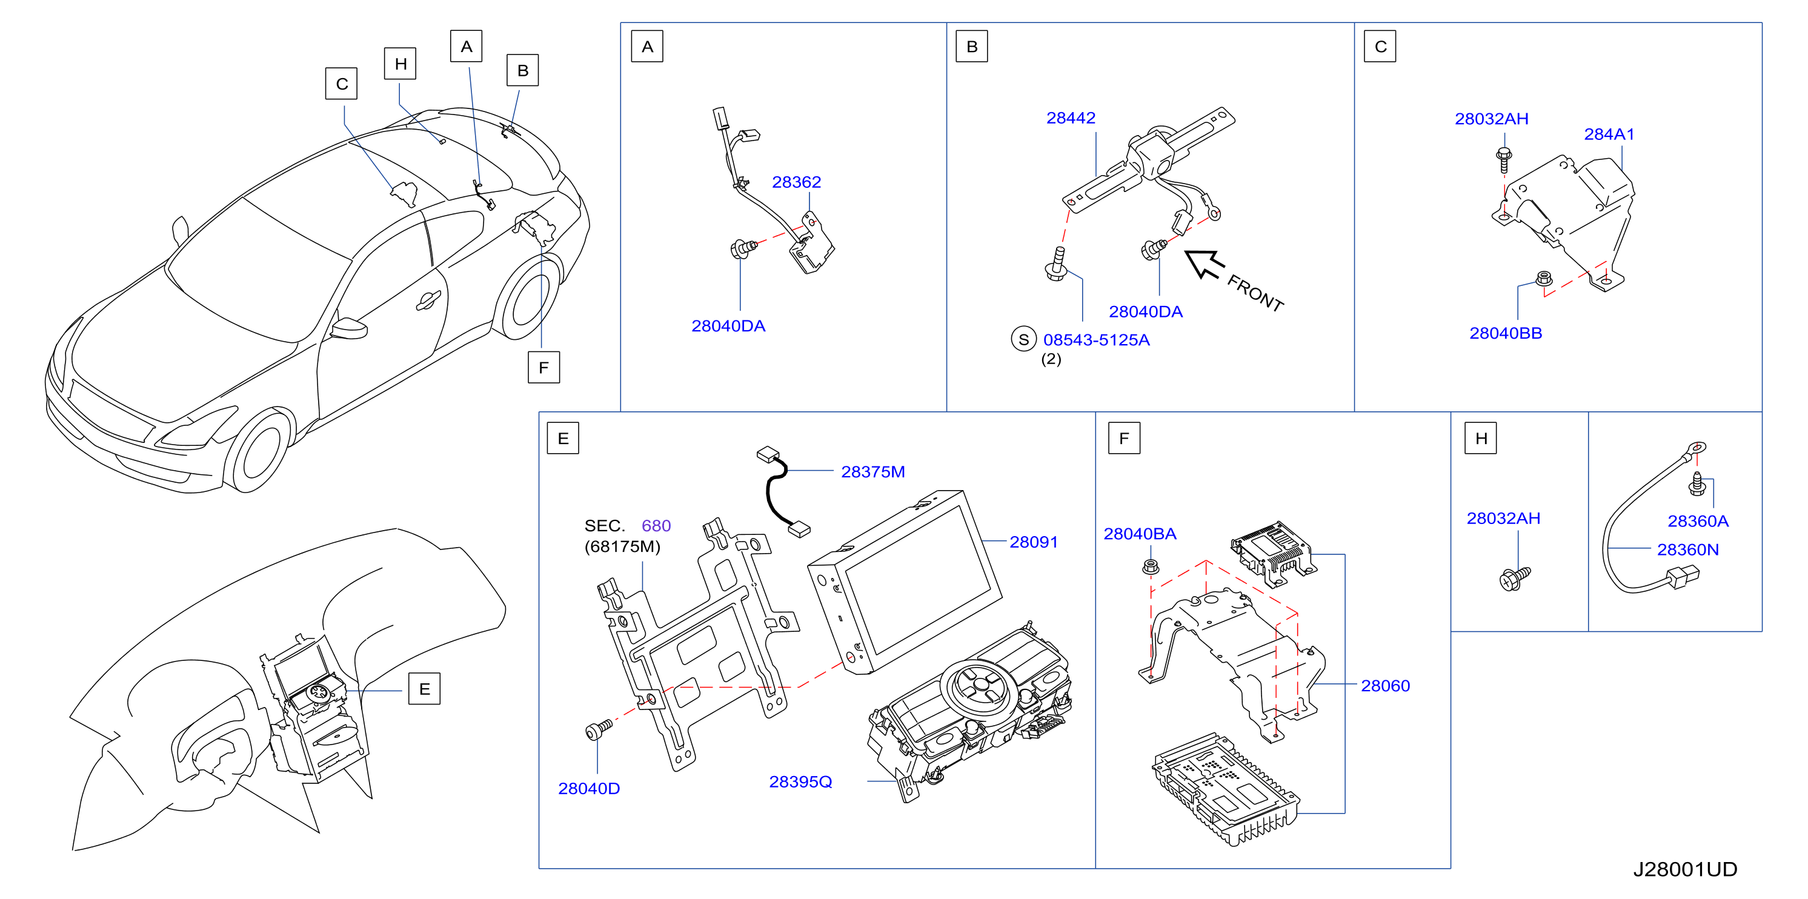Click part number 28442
coord(1071,118)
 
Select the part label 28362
coord(796,182)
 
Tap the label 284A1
coord(1609,134)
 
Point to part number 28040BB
coord(1506,333)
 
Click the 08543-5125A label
coord(1096,340)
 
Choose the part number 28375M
coord(872,471)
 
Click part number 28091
coord(1033,542)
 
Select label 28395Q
coord(800,782)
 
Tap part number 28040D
coord(589,789)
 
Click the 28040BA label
coord(1140,534)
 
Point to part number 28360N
coord(1687,549)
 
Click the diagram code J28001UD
coord(1684,869)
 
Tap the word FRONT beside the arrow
coord(1255,293)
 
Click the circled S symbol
coord(1023,340)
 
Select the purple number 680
coord(656,526)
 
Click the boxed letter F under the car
coord(543,368)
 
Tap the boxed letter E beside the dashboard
coord(424,689)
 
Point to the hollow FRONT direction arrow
coord(1204,264)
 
